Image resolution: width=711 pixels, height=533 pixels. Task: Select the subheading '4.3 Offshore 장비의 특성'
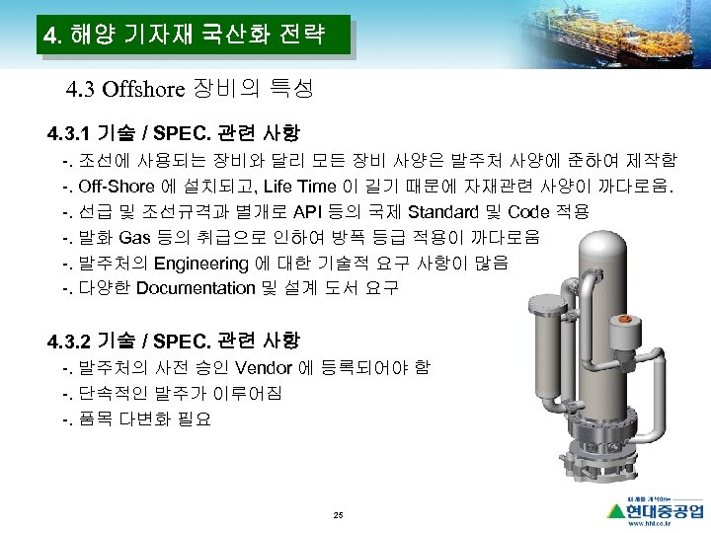coord(189,91)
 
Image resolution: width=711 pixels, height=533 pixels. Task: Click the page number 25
coord(339,516)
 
